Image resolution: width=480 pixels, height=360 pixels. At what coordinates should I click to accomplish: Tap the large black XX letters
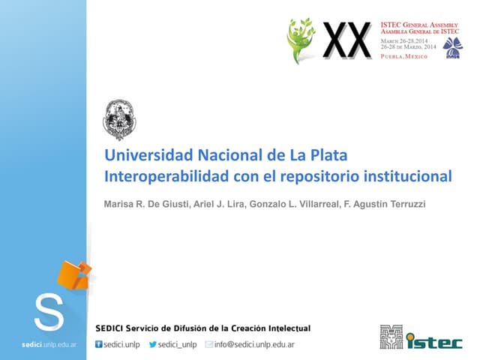tap(346, 40)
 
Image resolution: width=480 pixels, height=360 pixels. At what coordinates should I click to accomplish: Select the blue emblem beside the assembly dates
tap(453, 46)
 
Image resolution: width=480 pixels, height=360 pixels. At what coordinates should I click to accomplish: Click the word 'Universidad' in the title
tap(148, 156)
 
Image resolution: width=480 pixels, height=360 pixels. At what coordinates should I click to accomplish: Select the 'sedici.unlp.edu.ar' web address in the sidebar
tap(43, 344)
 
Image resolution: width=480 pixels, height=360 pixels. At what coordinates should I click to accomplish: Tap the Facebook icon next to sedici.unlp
tap(98, 345)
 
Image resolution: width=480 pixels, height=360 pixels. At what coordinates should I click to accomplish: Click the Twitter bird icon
tap(152, 345)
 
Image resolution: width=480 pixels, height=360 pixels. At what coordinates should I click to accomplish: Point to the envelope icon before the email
tap(209, 345)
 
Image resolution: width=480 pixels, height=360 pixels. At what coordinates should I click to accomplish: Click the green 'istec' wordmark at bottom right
tap(434, 342)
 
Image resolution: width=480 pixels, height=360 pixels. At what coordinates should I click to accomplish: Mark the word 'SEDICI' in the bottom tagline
tap(110, 328)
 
